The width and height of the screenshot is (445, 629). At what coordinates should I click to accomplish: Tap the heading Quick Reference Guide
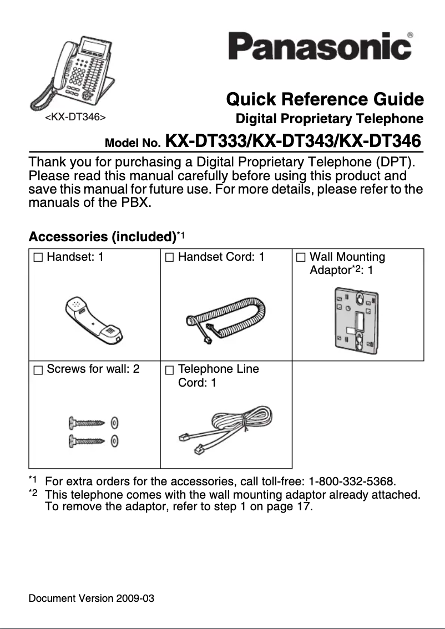coord(325,100)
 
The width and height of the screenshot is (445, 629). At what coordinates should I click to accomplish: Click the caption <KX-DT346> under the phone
coord(75,118)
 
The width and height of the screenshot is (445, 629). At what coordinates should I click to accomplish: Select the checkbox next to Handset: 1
coord(37,257)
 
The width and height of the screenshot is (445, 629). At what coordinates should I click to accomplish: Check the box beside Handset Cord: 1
coord(169,257)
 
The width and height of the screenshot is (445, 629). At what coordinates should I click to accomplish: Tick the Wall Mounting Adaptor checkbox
coord(300,257)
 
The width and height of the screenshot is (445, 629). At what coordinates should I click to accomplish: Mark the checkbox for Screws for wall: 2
coord(37,369)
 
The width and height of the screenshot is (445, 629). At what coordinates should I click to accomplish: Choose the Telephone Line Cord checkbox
coord(169,369)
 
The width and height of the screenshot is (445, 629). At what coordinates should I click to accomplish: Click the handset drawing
coord(94,321)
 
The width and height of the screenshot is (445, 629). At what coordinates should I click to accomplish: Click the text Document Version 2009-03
coord(92,599)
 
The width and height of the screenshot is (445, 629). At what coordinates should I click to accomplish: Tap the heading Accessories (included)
coord(102,237)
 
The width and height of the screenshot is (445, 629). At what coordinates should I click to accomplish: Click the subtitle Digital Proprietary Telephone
coord(330,119)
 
